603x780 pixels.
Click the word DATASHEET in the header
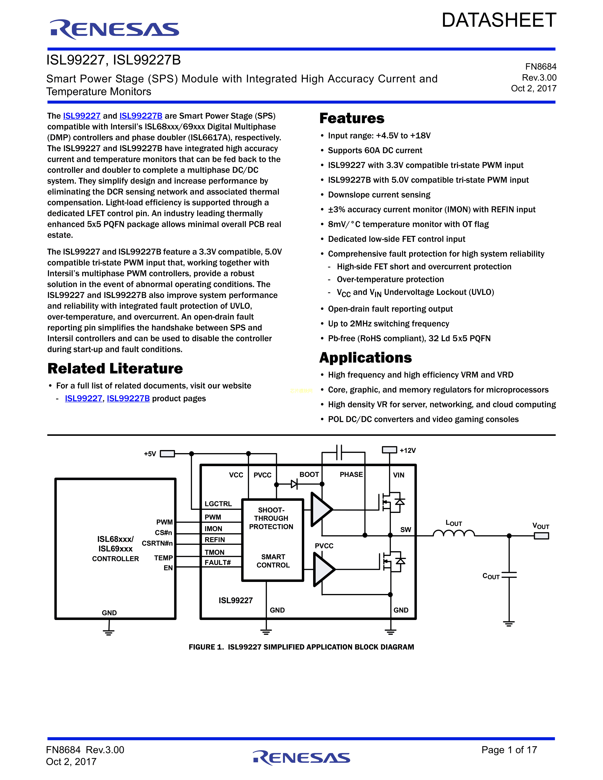tap(499, 20)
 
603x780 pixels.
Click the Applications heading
tap(365, 357)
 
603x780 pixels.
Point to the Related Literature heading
tap(115, 368)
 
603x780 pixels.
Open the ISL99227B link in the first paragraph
tap(141, 116)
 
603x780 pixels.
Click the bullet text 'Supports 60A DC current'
tap(375, 150)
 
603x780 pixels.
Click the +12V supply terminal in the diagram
tap(389, 450)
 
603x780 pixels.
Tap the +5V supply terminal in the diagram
tap(167, 454)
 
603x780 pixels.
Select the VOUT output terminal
tap(541, 536)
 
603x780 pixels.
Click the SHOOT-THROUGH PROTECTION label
tap(271, 518)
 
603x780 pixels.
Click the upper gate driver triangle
tap(320, 509)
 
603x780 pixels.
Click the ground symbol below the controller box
tap(109, 632)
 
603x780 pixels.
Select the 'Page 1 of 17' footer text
tap(509, 750)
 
